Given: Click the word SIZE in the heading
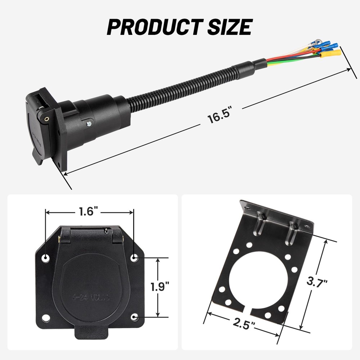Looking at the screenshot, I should tap(226, 26).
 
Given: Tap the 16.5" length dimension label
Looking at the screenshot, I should tap(219, 118).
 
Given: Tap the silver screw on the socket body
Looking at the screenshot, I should tap(88, 123).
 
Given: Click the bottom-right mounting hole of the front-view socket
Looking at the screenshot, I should tap(135, 317).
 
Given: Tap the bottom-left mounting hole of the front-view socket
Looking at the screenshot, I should tap(46, 318).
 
